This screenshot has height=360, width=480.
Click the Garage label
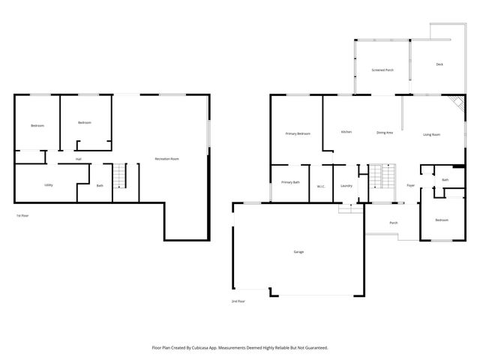[x=298, y=252]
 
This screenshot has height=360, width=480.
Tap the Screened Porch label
[x=382, y=70]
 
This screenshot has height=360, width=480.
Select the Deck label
[x=439, y=64]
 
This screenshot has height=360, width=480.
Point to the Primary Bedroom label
[x=298, y=133]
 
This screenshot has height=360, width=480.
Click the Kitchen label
[x=346, y=132]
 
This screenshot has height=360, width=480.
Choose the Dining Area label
[x=385, y=133]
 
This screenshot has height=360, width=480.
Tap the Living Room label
[x=431, y=134]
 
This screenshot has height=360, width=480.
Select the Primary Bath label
[x=290, y=182]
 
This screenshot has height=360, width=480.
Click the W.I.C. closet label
[x=320, y=186]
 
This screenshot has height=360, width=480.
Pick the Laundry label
[x=346, y=185]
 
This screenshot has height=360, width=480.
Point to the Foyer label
[x=410, y=185]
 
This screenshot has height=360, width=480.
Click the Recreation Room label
[x=166, y=159]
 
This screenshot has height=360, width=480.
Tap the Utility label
[x=48, y=184]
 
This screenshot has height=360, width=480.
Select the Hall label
[x=78, y=159]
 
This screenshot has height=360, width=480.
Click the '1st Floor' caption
[x=22, y=216]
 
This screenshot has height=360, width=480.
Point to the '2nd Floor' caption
[x=238, y=301]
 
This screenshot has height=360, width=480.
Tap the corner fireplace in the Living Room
[x=452, y=103]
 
